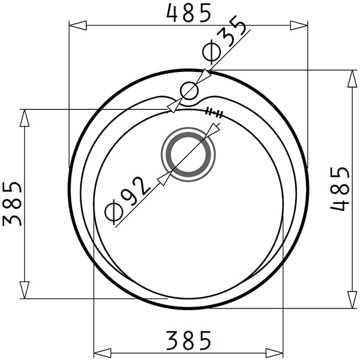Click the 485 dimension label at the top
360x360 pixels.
189,13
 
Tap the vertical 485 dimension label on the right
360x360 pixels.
340,189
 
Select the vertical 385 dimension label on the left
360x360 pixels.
12,204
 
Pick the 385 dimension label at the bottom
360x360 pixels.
189,340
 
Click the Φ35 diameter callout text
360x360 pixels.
224,40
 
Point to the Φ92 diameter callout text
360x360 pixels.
127,199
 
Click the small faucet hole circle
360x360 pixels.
189,91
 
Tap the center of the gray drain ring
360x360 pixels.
188,154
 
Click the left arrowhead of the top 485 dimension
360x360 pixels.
78,25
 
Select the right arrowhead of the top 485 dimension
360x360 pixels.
299,25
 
